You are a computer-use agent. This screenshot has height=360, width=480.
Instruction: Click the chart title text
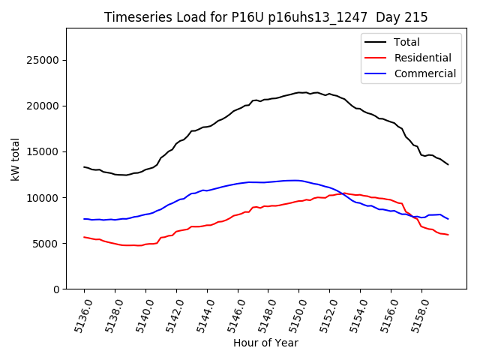point(265,17)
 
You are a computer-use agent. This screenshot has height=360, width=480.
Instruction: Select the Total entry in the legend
point(407,42)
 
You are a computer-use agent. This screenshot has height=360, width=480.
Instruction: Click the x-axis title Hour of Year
point(265,343)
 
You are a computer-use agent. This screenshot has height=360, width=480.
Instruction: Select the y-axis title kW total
point(15,159)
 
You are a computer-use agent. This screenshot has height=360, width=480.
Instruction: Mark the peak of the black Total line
point(300,92)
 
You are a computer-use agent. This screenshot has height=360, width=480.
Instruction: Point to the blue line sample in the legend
point(377,73)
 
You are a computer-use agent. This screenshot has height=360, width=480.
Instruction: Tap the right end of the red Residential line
point(448,235)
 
